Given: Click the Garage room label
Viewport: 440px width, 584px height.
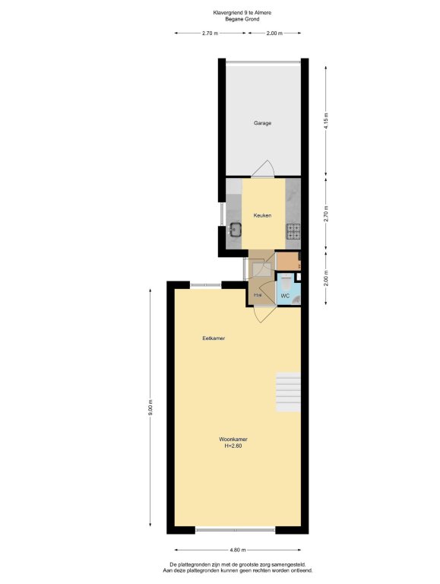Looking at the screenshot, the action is pos(262,123).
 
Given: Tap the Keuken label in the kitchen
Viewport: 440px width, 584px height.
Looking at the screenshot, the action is pos(262,215).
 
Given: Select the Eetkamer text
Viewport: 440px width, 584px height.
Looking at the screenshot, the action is pos(214,338).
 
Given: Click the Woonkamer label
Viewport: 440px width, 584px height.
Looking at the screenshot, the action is pos(233,440).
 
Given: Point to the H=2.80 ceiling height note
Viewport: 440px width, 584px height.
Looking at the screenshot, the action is pos(233,446).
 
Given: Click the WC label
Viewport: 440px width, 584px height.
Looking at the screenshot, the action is pos(285,296).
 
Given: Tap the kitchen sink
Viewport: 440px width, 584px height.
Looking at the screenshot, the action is pos(236,229).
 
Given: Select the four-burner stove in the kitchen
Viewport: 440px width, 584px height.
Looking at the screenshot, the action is pos(293,231).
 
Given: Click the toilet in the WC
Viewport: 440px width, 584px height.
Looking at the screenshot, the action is pos(286,282).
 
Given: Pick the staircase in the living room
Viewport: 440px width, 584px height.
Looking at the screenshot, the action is pos(288,392).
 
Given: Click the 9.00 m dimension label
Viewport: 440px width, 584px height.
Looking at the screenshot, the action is pos(150,407).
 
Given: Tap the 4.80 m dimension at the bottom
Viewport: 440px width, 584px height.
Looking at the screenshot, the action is pos(238,550).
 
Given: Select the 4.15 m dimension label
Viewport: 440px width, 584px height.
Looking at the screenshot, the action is pos(326,121).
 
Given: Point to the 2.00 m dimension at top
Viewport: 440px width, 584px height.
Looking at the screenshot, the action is pos(274,33).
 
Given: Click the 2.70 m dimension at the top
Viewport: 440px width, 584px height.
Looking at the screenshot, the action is pos(210,33).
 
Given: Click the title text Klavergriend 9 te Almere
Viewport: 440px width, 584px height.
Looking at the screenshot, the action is pos(242,13).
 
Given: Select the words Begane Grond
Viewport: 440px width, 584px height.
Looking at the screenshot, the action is pos(242,19).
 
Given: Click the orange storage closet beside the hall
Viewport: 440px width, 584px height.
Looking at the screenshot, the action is pos(288,262).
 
